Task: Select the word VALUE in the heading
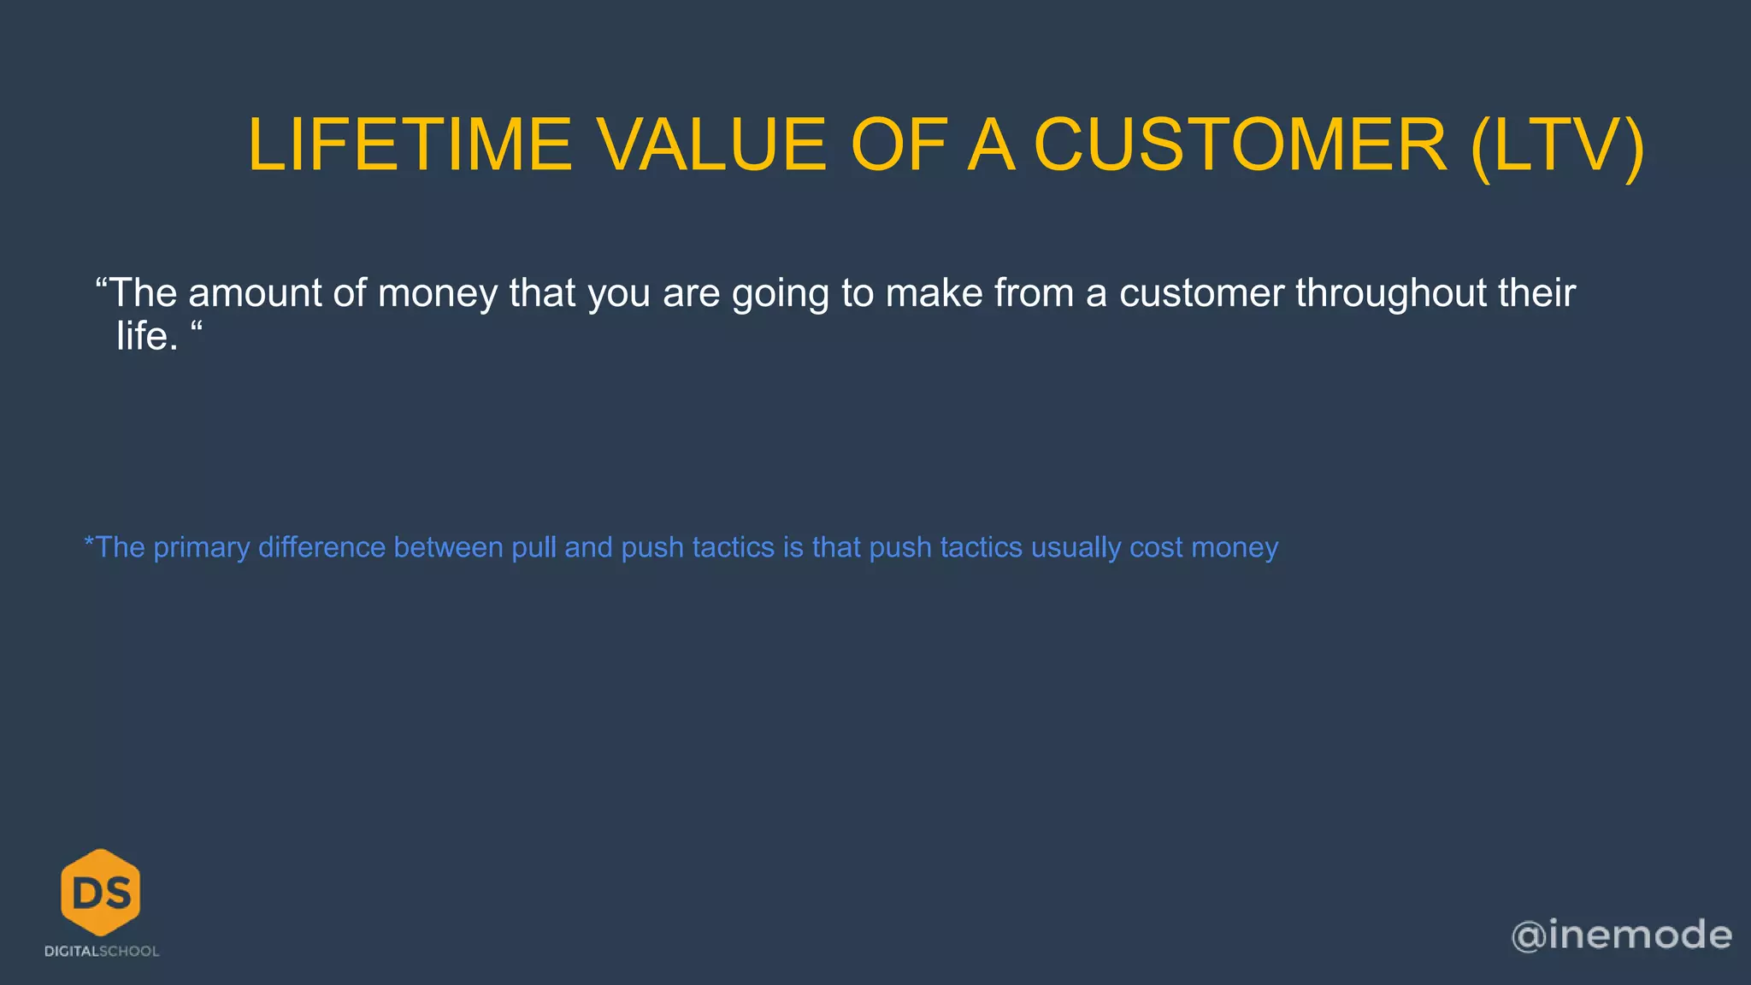pos(711,145)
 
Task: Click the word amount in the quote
pos(254,293)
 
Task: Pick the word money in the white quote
pos(437,293)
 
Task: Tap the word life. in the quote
pos(147,337)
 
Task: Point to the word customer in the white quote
pos(1201,293)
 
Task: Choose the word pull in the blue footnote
pos(534,547)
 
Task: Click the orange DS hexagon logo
pos(101,892)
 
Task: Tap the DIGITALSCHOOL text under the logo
pos(102,952)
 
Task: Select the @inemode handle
pos(1621,935)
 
